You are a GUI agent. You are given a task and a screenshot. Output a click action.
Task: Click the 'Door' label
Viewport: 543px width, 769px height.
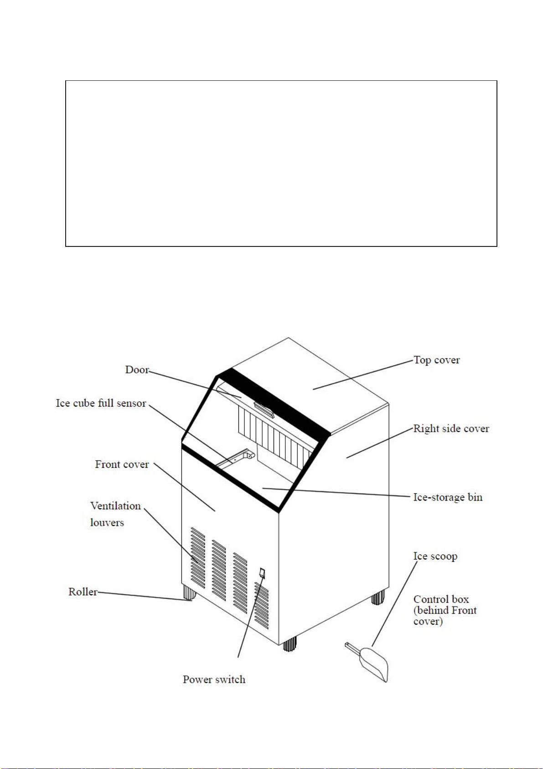(137, 370)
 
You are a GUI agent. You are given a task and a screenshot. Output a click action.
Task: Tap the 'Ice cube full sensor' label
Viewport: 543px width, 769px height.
(101, 403)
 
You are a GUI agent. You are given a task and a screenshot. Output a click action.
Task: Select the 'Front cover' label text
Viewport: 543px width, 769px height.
(122, 464)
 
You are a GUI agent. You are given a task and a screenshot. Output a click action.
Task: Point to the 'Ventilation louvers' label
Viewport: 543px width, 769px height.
(116, 514)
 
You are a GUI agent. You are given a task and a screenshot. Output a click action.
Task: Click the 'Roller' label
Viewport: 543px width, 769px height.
(83, 591)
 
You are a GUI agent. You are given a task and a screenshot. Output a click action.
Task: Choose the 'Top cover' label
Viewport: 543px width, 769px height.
(437, 360)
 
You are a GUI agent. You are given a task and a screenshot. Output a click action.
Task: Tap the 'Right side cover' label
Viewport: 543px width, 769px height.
(451, 429)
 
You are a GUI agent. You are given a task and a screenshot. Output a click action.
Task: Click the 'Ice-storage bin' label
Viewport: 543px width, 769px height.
(448, 497)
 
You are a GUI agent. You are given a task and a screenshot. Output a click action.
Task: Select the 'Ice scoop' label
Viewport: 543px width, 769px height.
(435, 556)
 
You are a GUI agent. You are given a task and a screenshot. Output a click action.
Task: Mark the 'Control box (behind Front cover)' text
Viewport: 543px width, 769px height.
(445, 610)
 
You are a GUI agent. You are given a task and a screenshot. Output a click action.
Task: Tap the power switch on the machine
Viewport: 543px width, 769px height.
(263, 572)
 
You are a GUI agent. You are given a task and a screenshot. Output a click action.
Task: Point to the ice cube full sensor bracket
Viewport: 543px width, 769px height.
(236, 458)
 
